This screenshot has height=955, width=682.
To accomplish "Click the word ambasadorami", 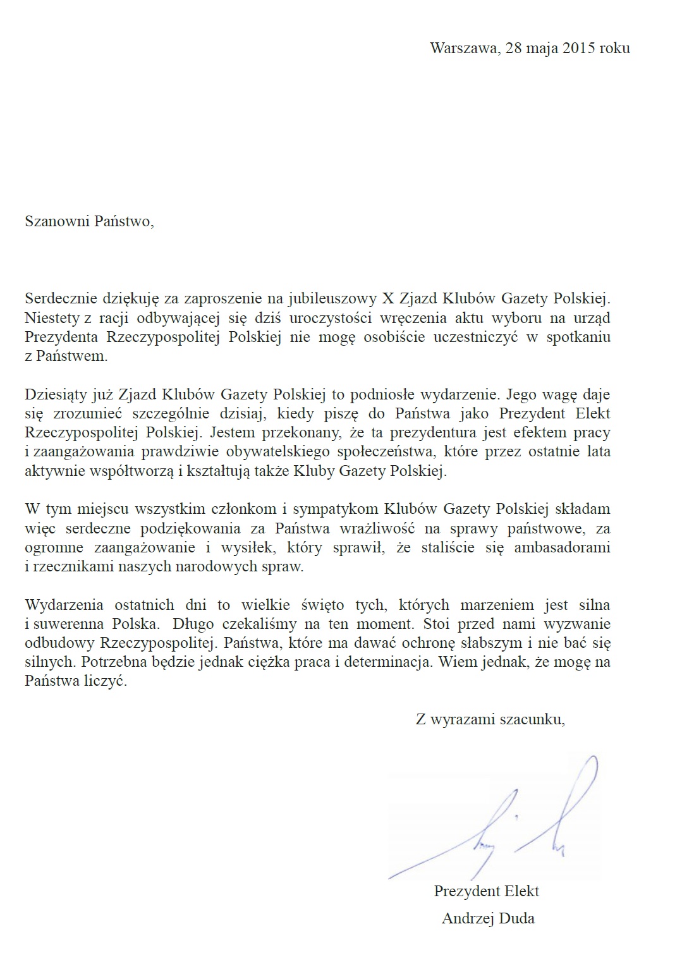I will [562, 547].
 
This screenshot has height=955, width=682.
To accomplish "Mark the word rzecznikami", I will [68, 566].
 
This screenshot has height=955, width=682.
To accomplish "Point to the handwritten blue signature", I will [506, 822].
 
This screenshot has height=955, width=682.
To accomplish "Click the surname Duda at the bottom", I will [516, 919].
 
